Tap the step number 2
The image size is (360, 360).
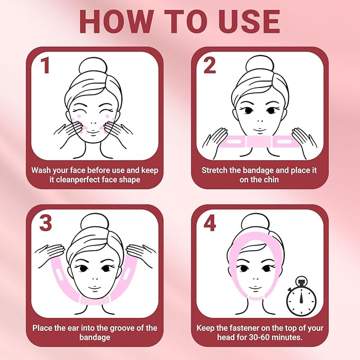(210, 66)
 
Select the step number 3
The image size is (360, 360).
(46, 223)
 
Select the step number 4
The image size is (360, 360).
(210, 223)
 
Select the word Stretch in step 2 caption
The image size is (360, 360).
(216, 170)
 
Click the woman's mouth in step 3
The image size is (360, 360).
(92, 287)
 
